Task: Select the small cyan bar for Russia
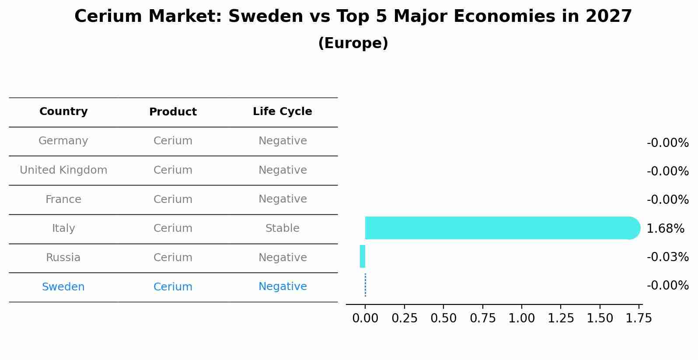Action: [x=363, y=256]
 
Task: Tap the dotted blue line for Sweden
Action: [x=365, y=285]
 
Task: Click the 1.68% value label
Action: [x=665, y=228]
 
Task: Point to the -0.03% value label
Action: [x=667, y=257]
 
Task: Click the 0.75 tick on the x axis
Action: [x=482, y=318]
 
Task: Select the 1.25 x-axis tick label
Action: [x=561, y=318]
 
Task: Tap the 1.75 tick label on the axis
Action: [x=639, y=318]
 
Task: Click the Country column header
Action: [x=63, y=112]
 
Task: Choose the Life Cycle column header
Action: [x=283, y=112]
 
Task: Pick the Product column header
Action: [x=173, y=112]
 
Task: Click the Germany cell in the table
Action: [x=63, y=141]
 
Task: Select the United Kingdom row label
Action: [x=63, y=170]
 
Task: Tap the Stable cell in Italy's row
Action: [x=283, y=228]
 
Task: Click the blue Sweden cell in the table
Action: [x=63, y=287]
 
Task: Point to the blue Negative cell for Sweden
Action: [x=283, y=287]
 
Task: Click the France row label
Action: [x=63, y=199]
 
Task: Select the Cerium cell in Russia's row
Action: [x=173, y=258]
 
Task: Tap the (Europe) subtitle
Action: [x=353, y=43]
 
